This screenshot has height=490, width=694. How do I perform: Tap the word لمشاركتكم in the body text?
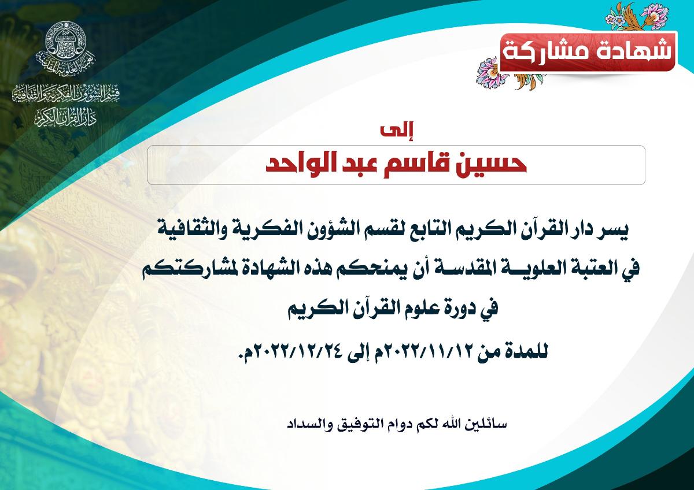(x=177, y=270)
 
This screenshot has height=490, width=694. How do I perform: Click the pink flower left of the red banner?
(x=489, y=72)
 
